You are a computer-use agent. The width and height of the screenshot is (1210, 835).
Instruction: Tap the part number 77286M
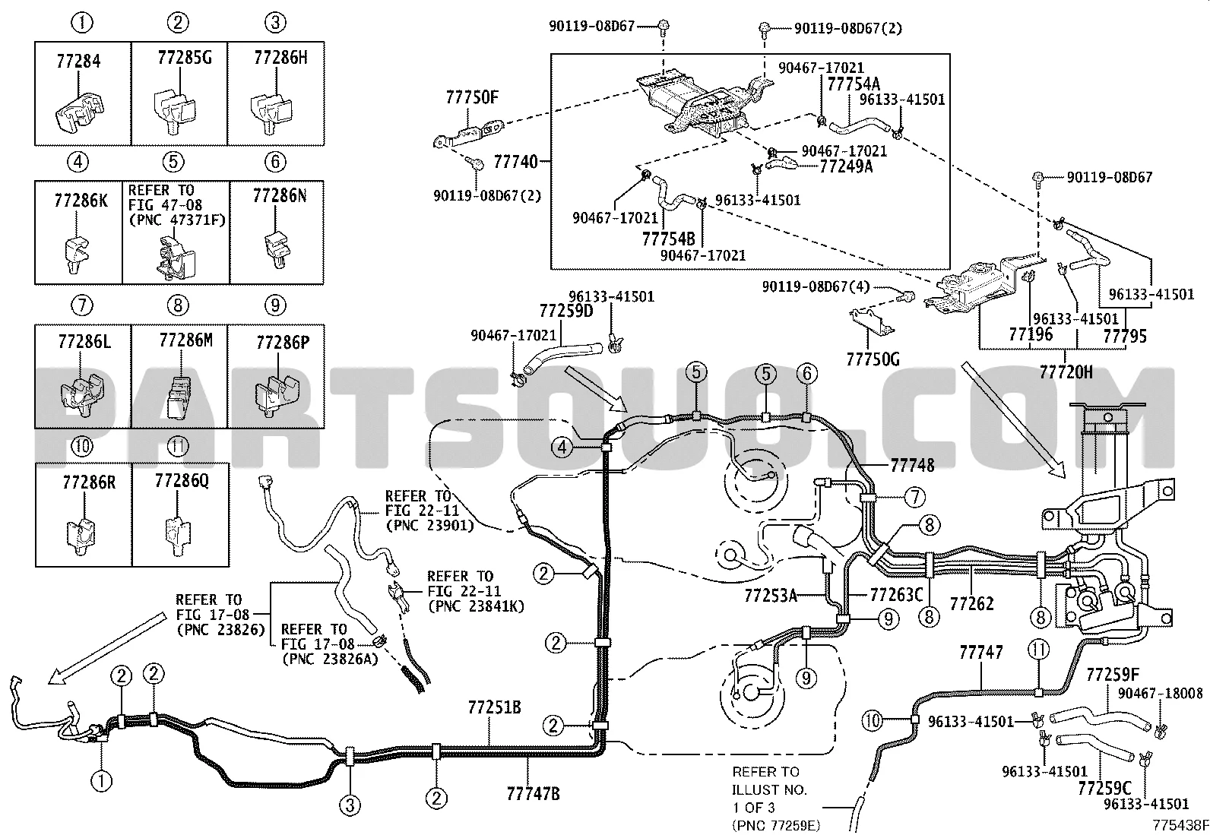pos(185,340)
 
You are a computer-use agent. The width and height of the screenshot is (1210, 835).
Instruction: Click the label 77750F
pos(472,98)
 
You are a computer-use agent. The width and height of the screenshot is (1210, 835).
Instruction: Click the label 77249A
pos(846,166)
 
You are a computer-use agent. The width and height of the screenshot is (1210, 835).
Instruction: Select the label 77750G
pos(873,359)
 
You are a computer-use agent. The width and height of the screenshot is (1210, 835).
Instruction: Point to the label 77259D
pos(565,311)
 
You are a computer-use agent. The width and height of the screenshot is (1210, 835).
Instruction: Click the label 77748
pos(912,464)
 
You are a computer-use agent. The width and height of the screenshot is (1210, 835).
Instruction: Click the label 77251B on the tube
pos(494,707)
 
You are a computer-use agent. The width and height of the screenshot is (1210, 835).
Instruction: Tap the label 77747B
pos(534,794)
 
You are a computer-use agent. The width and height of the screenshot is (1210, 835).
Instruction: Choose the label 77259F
pos(1113,675)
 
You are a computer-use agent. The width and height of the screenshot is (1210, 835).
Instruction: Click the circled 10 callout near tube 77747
pos(873,719)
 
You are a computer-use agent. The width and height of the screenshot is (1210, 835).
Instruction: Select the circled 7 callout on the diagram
pos(914,498)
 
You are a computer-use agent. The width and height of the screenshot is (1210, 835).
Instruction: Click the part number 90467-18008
pos(1160,693)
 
